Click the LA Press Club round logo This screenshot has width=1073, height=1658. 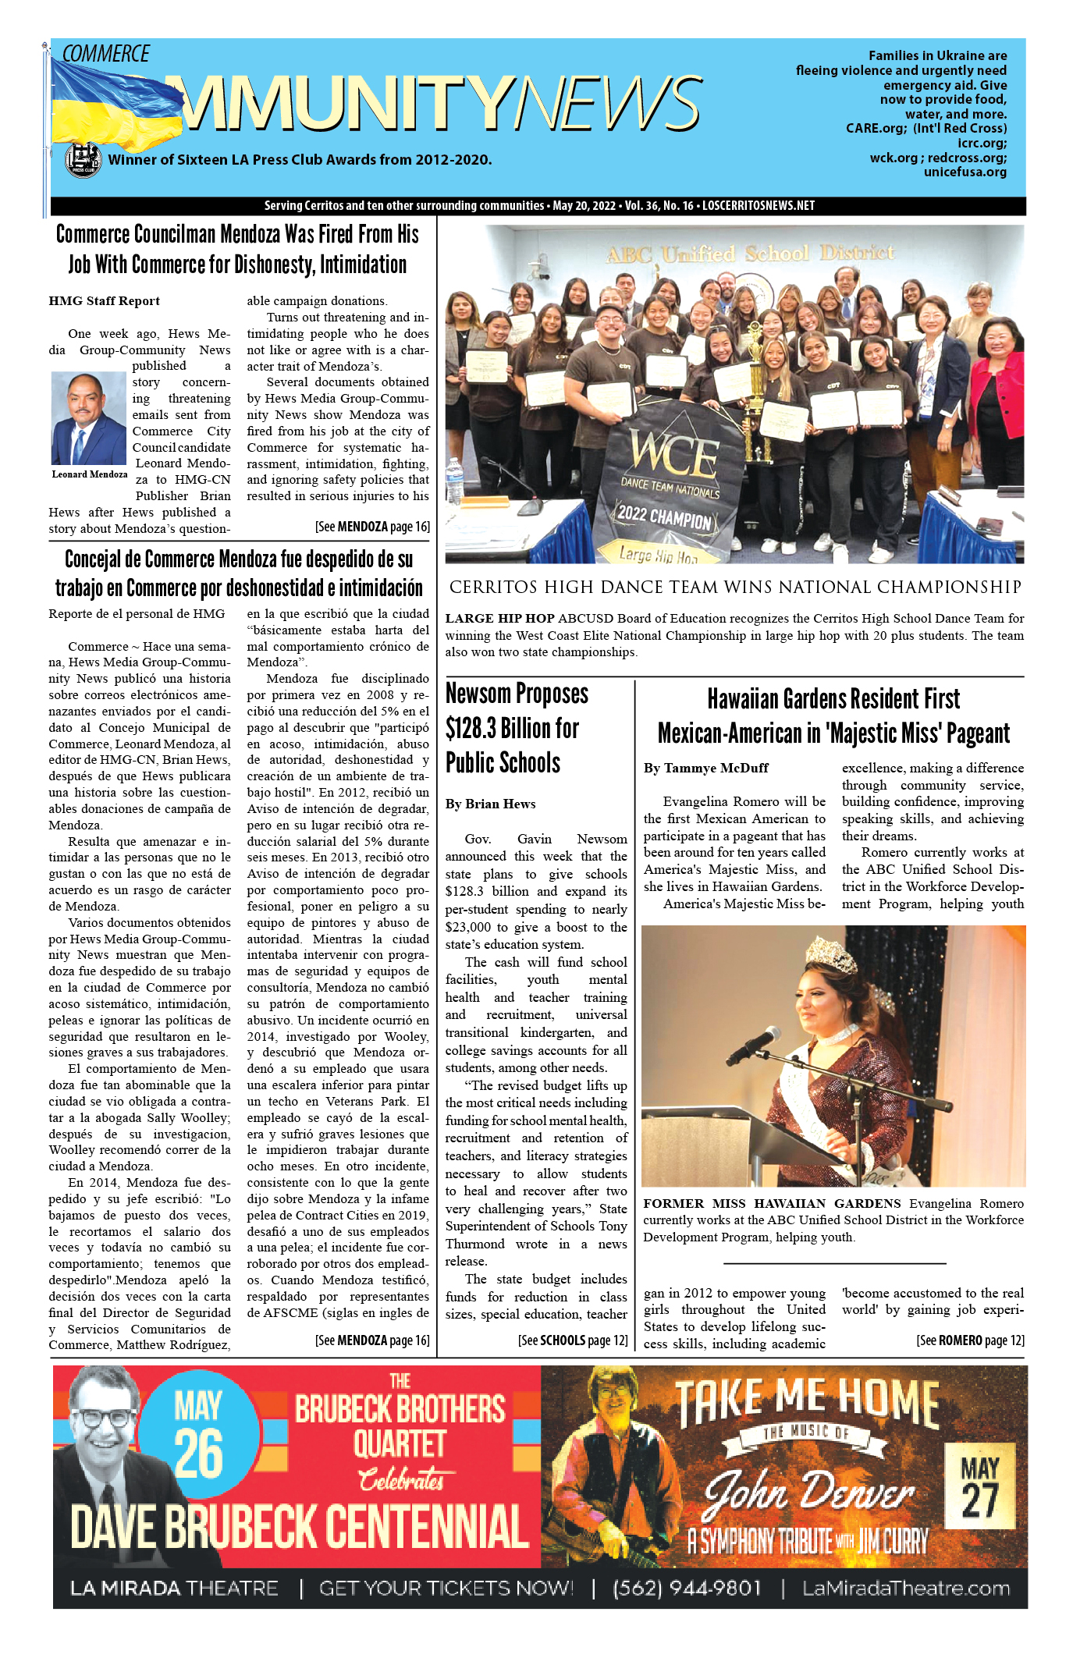point(83,160)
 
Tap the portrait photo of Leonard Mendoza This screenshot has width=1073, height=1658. point(88,418)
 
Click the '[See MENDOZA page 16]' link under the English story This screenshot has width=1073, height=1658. point(372,527)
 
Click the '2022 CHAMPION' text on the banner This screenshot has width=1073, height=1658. point(664,517)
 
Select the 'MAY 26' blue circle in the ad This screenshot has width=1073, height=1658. point(199,1436)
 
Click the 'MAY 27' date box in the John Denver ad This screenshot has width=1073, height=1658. point(979,1487)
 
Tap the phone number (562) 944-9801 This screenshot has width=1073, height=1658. point(687,1588)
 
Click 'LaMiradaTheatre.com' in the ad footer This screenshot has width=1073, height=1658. point(906,1588)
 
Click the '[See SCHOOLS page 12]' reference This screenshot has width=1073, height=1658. point(573,1340)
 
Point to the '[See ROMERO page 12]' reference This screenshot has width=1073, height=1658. point(970,1340)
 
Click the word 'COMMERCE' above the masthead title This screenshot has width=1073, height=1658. point(105,54)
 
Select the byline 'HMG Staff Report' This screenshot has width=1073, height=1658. point(104,301)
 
